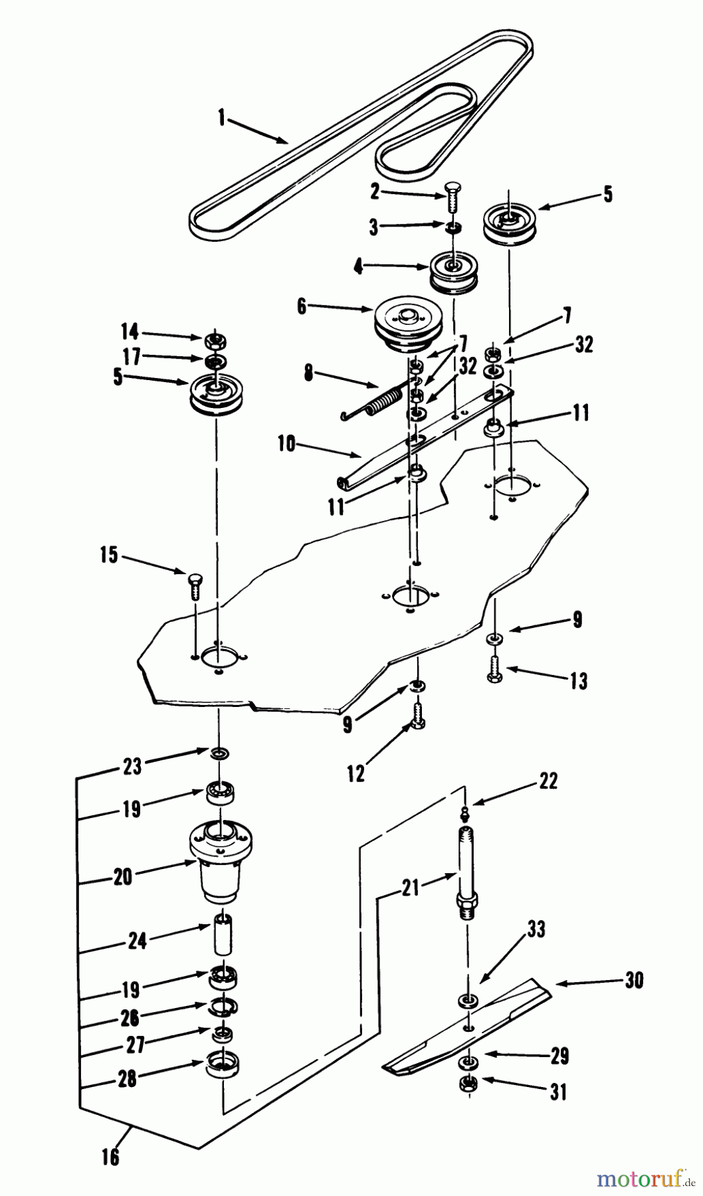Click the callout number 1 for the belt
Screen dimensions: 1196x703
click(x=222, y=120)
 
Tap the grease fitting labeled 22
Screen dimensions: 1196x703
click(x=465, y=811)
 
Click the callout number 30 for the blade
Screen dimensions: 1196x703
click(x=634, y=981)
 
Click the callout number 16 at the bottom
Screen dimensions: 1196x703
click(x=111, y=1157)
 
